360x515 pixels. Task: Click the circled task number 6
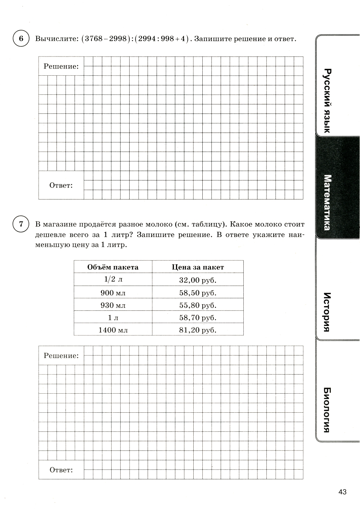coord(21,39)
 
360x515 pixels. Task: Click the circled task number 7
coord(21,224)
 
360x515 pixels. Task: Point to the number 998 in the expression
coord(167,39)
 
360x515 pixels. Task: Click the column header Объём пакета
coord(113,267)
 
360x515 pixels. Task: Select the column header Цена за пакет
coord(198,267)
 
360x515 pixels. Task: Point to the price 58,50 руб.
coord(198,293)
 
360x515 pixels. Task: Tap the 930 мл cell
coord(113,305)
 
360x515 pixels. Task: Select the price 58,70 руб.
coord(198,318)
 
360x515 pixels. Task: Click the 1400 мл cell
coord(113,330)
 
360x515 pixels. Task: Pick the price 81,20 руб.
coord(198,330)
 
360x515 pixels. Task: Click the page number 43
coord(342,492)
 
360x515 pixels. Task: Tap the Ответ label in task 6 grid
coord(61,185)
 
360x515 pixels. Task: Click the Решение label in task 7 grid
coord(61,356)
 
